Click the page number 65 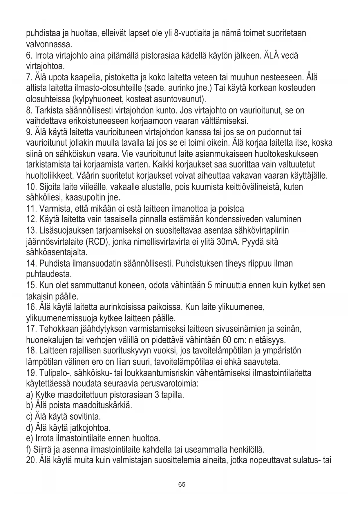pyautogui.click(x=182, y=484)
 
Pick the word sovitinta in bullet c pyautogui.click(x=86, y=417)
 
